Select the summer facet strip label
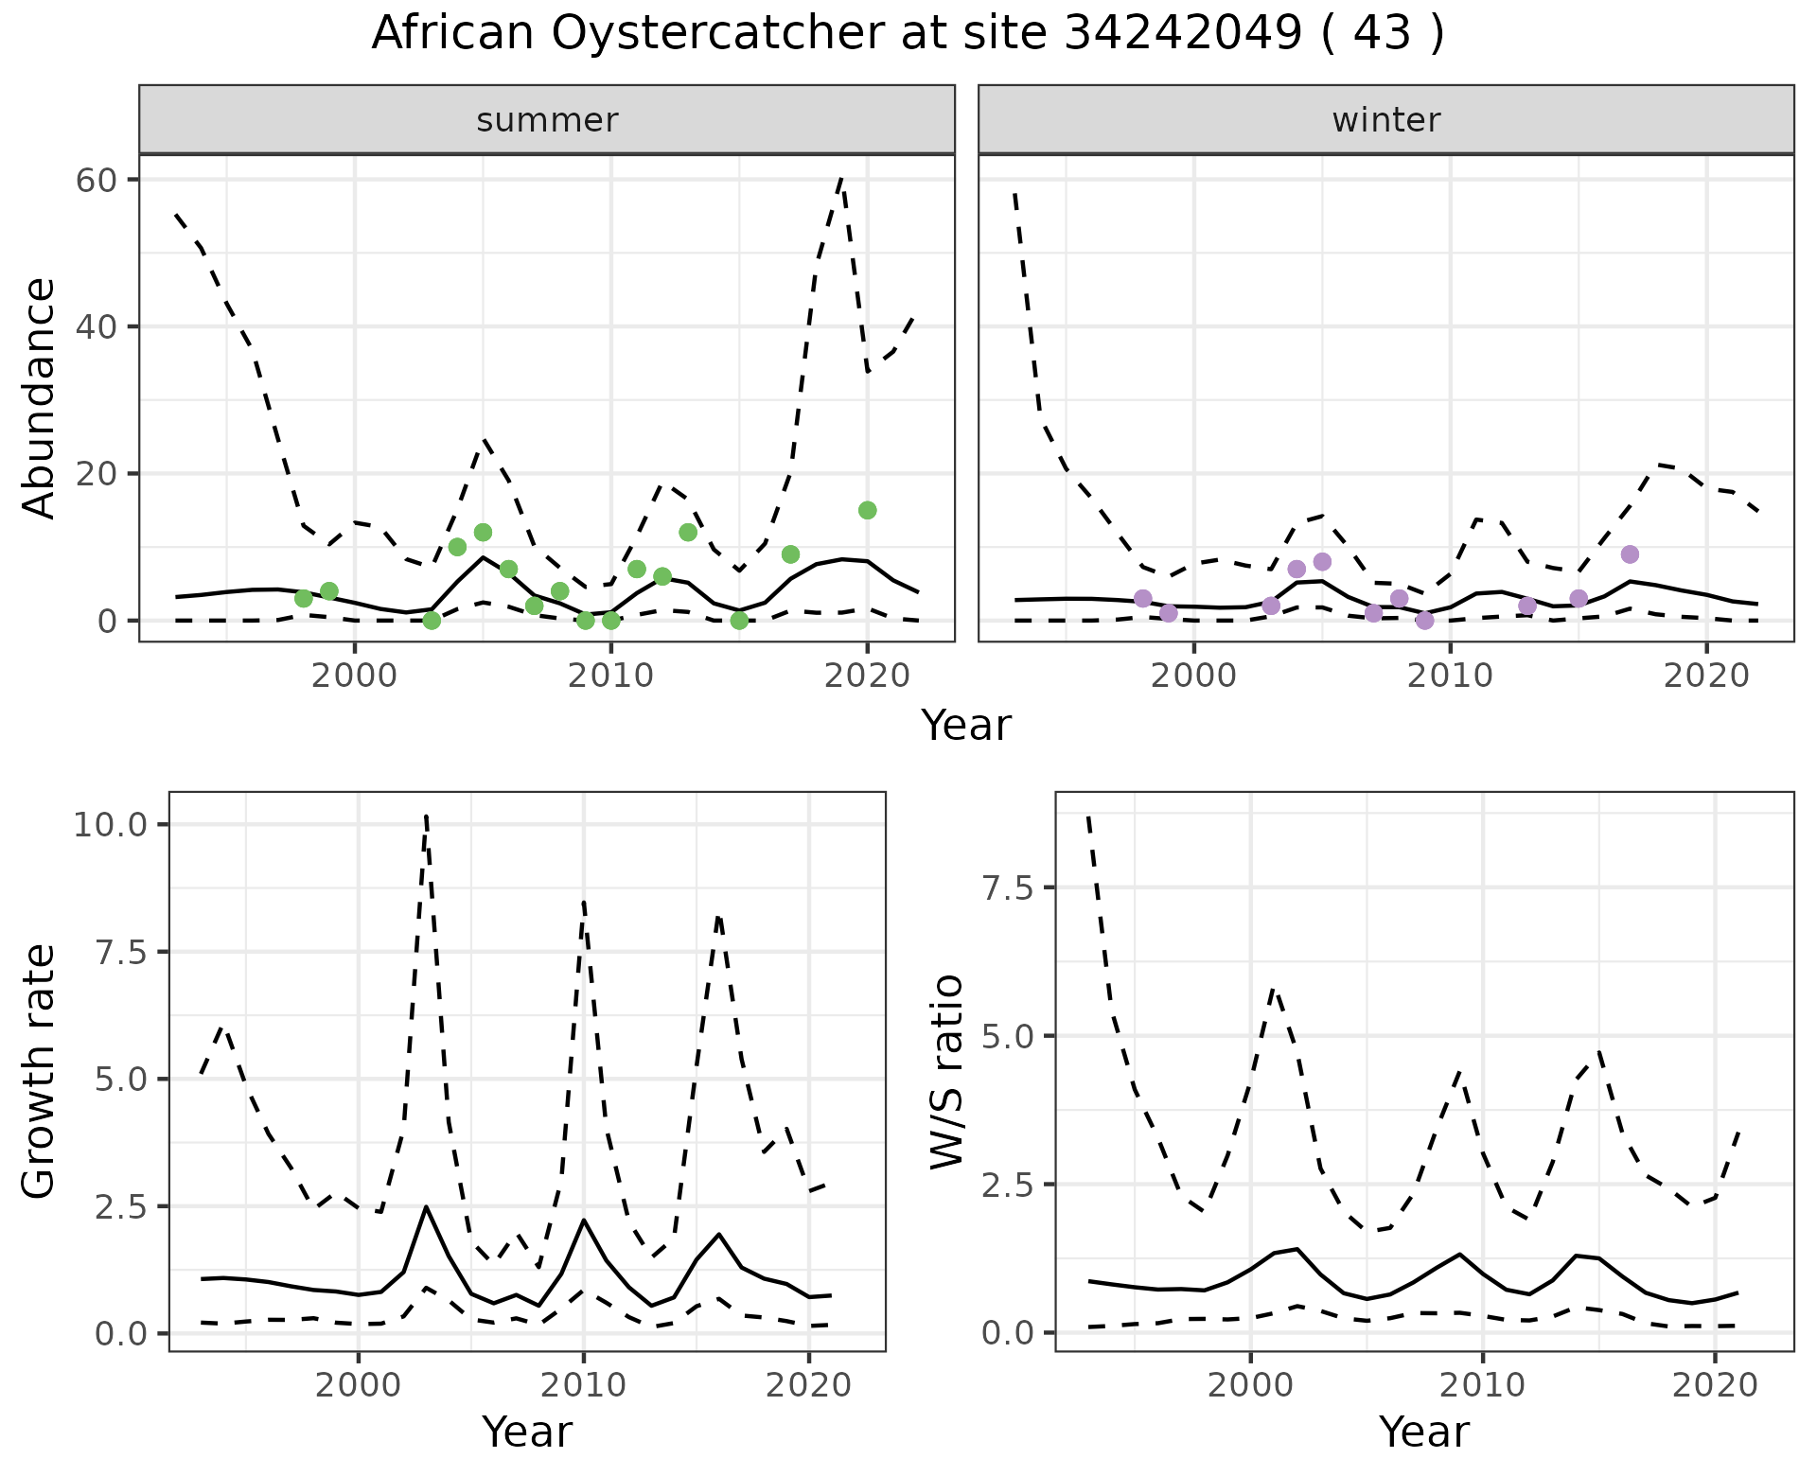pos(547,120)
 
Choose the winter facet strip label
pos(1385,120)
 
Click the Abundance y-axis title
pos(40,397)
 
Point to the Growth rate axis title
pos(40,1072)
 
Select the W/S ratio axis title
pos(946,1072)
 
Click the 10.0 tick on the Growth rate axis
pos(110,824)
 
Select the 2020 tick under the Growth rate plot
pos(808,1385)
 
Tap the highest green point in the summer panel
pos(867,510)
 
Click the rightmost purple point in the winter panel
pos(1630,553)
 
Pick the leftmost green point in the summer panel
pos(304,598)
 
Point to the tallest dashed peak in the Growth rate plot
pos(427,816)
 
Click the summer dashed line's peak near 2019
pos(841,178)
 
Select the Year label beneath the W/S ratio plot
pos(1423,1432)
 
